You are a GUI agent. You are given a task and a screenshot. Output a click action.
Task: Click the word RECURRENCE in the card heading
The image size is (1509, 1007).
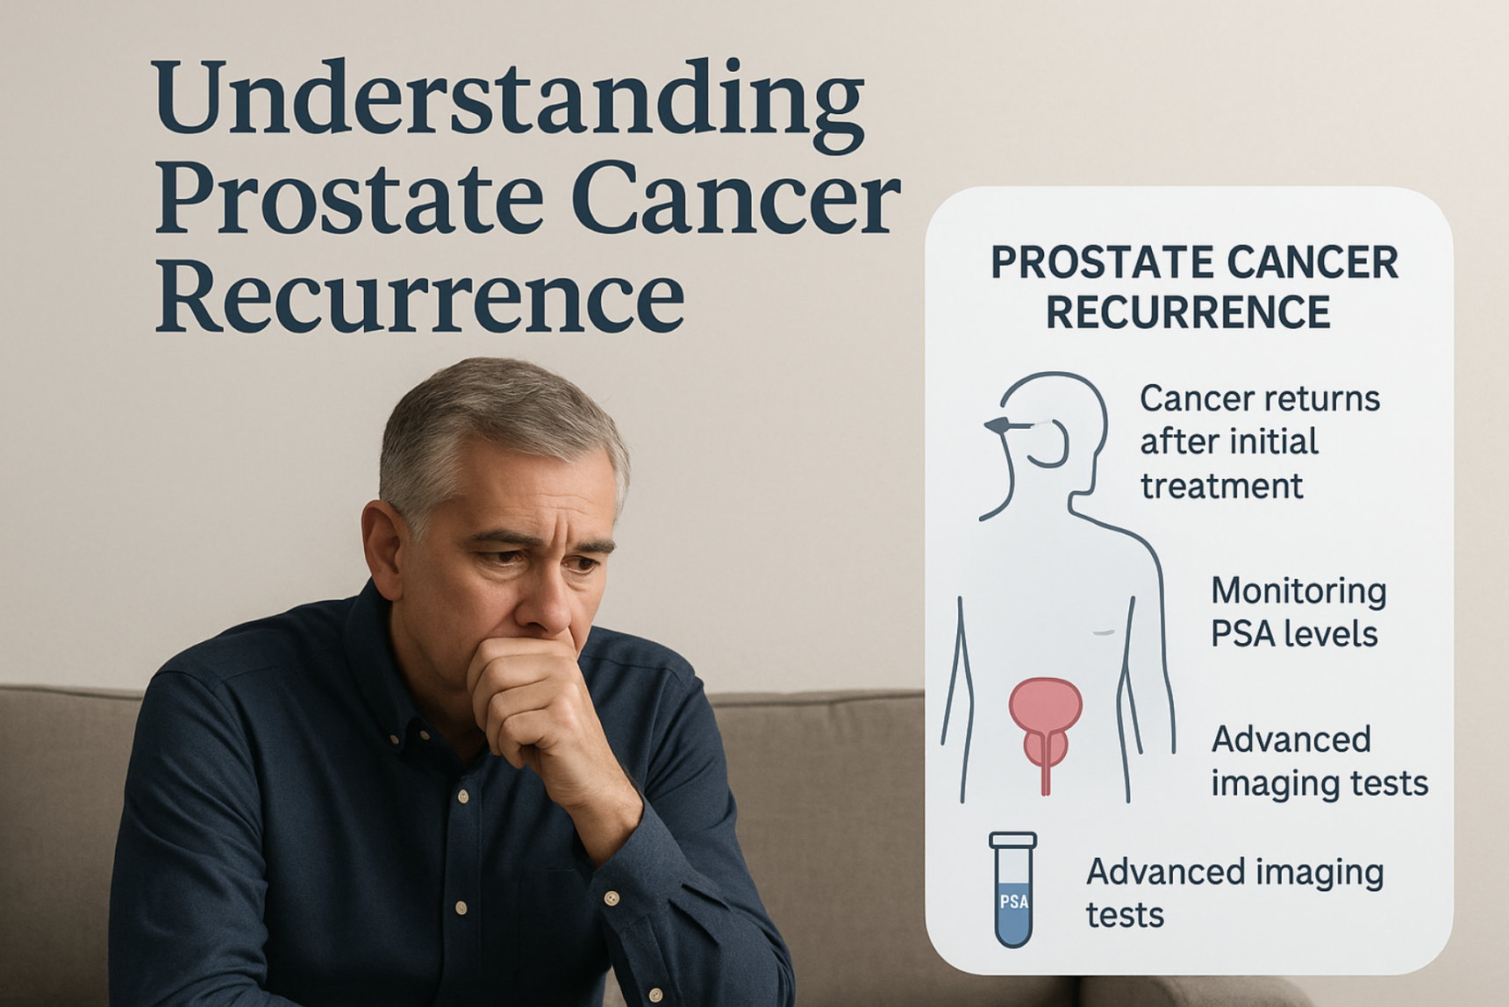(x=1188, y=312)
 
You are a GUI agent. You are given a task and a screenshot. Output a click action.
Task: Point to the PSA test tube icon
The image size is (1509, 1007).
(x=1013, y=889)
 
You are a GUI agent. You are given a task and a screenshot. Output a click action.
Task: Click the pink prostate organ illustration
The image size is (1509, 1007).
(x=1045, y=725)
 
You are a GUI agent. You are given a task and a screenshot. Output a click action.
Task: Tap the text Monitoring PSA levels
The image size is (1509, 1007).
(x=1298, y=612)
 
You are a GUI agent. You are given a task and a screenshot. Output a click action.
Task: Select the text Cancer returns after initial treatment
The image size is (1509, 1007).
(x=1260, y=442)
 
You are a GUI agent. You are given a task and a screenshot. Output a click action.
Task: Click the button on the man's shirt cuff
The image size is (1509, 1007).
(x=611, y=898)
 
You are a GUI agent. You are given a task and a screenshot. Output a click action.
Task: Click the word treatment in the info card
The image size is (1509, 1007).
(x=1221, y=486)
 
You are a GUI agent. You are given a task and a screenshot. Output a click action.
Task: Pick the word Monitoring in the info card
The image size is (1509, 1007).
(x=1298, y=591)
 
